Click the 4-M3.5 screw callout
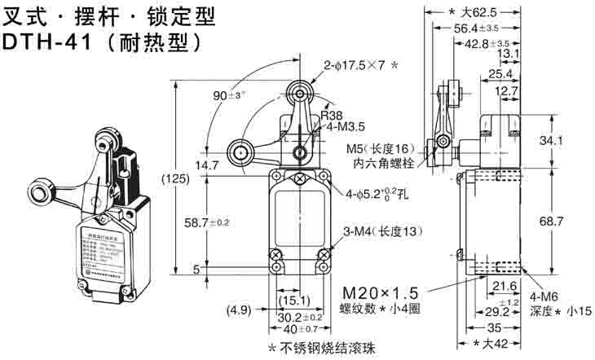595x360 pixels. click(346, 127)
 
